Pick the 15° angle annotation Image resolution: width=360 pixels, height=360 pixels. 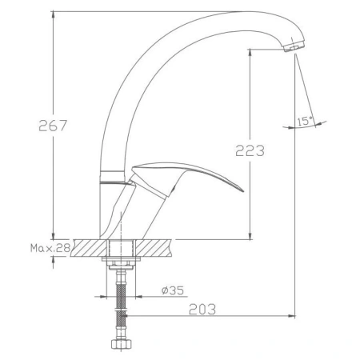[x=305, y=122]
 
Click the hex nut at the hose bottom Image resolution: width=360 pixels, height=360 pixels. [x=121, y=345]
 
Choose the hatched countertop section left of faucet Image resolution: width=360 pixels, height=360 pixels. [x=89, y=249]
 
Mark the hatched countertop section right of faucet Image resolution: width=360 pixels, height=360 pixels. [x=157, y=249]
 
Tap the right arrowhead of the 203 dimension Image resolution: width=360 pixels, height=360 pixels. [x=292, y=314]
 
